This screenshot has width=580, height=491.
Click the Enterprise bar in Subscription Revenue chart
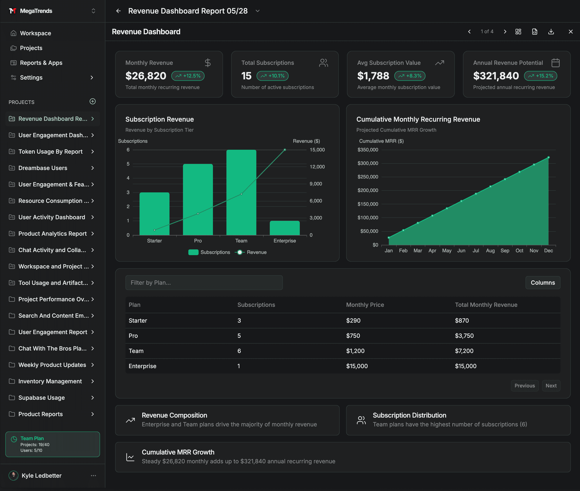pyautogui.click(x=285, y=228)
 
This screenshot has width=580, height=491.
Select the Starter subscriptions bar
pyautogui.click(x=154, y=214)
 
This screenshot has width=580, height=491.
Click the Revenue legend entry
pyautogui.click(x=251, y=252)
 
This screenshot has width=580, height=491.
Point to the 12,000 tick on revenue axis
pyautogui.click(x=317, y=167)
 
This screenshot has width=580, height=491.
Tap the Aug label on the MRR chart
pyautogui.click(x=490, y=250)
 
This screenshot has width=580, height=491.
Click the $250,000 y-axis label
pyautogui.click(x=368, y=177)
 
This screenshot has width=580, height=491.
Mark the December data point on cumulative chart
pyautogui.click(x=549, y=157)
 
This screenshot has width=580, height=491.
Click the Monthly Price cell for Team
pyautogui.click(x=355, y=351)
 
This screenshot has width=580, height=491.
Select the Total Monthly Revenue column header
pyautogui.click(x=486, y=305)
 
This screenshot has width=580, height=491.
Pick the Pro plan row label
pyautogui.click(x=133, y=336)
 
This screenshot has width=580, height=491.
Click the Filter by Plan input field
pyautogui.click(x=204, y=283)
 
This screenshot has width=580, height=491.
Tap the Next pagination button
pyautogui.click(x=551, y=386)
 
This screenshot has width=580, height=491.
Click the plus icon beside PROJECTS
pyautogui.click(x=93, y=101)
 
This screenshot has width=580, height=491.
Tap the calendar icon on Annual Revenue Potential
pyautogui.click(x=555, y=63)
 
